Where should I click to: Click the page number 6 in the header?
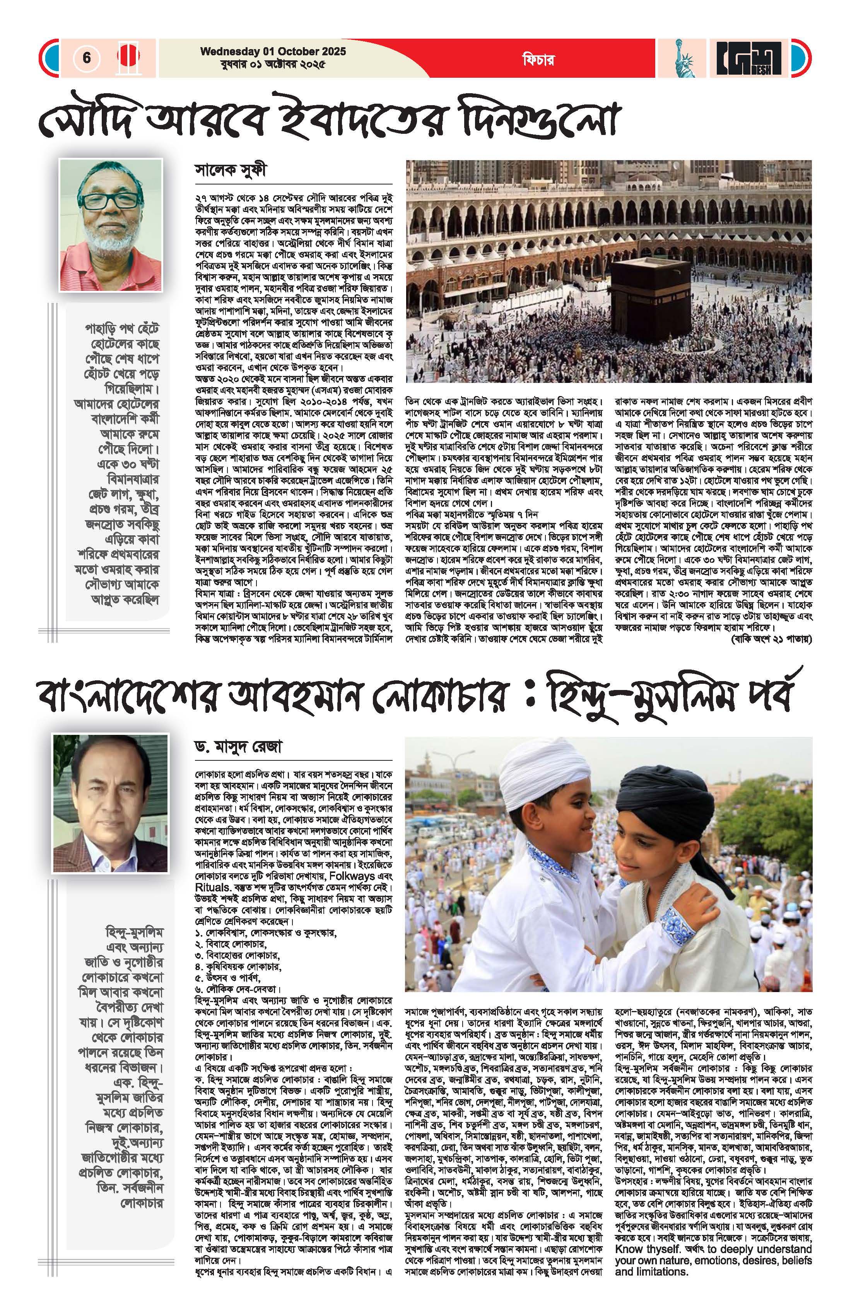pyautogui.click(x=87, y=58)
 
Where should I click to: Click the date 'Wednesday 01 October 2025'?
pyautogui.click(x=273, y=51)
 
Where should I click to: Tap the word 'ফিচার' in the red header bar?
pyautogui.click(x=538, y=59)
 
